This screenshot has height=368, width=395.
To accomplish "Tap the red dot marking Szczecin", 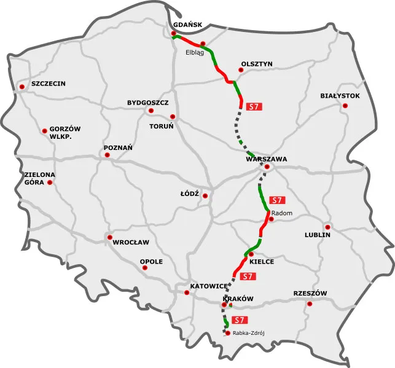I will [x=22, y=88].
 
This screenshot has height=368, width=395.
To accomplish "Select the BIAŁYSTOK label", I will [x=340, y=96].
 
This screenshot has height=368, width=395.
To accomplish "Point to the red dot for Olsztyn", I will [x=241, y=70].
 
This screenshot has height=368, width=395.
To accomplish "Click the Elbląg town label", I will [x=195, y=52].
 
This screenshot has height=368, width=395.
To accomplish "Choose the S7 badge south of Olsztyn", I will [x=253, y=106].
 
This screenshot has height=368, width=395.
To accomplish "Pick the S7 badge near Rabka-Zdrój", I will [x=240, y=319].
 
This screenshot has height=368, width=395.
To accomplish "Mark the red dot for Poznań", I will [x=108, y=155].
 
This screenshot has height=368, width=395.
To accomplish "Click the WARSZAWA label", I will [x=266, y=159].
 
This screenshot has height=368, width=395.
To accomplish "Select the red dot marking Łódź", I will [x=205, y=197].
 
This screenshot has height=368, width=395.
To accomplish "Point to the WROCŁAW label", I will [x=131, y=241].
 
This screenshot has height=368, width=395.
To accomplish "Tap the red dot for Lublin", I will [x=327, y=227].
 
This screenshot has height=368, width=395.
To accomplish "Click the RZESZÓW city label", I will [x=310, y=293].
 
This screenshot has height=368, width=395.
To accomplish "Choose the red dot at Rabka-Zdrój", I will [x=228, y=333].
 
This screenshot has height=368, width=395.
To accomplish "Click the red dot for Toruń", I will [x=173, y=116].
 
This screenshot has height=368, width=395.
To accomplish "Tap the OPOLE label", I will [x=151, y=261].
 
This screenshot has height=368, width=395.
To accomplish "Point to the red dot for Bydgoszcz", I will [x=151, y=111].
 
